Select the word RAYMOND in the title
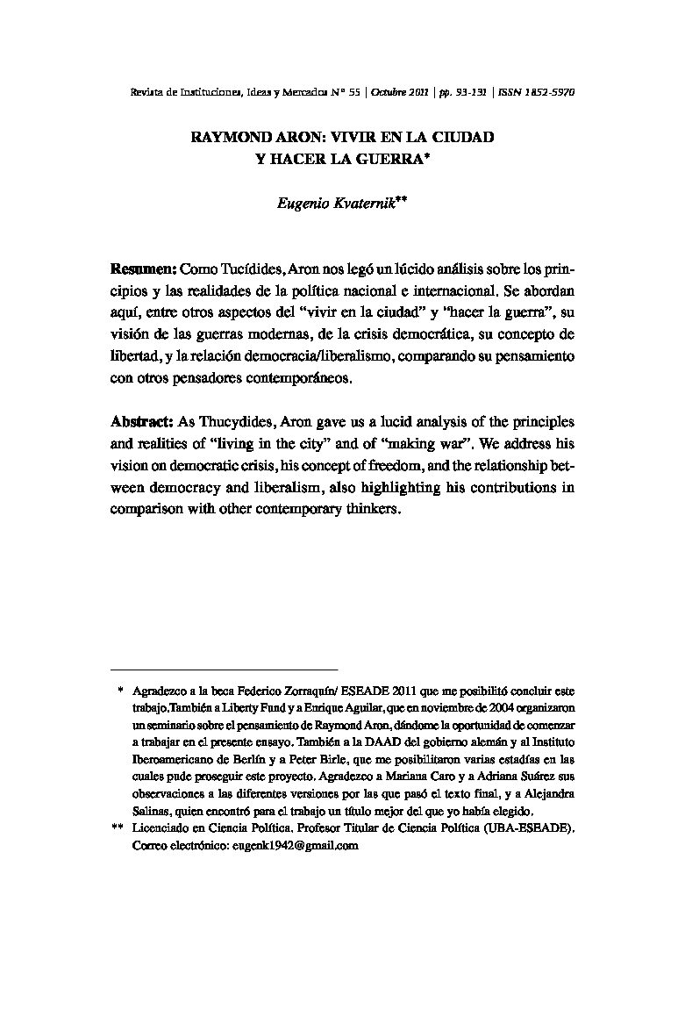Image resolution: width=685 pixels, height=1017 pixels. click(x=231, y=138)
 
